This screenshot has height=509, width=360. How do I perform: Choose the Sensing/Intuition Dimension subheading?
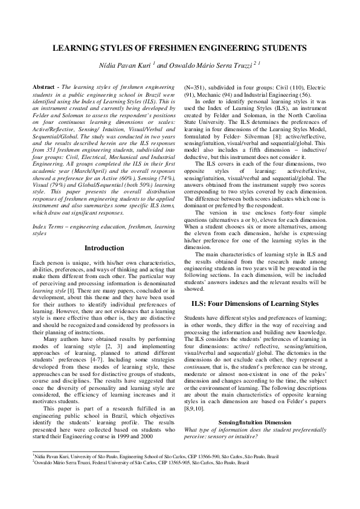click(x=256, y=403)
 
